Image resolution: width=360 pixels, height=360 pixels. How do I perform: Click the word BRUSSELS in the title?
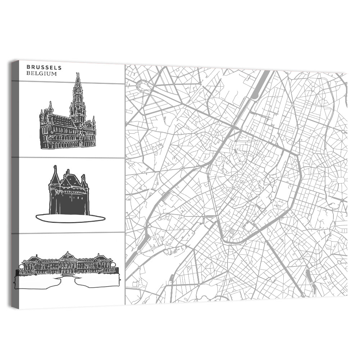[x=44, y=67]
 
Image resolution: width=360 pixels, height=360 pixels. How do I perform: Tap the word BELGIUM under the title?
[x=42, y=73]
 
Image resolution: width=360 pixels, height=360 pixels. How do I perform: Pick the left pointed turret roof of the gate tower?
[x=55, y=176]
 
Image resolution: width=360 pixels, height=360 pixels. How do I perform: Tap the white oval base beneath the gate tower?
[x=70, y=218]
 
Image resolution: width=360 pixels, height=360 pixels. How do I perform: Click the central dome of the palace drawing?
[x=67, y=256]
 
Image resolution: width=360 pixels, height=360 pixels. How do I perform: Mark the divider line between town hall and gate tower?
[x=68, y=158]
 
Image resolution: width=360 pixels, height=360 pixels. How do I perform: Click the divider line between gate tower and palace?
[x=68, y=233]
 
